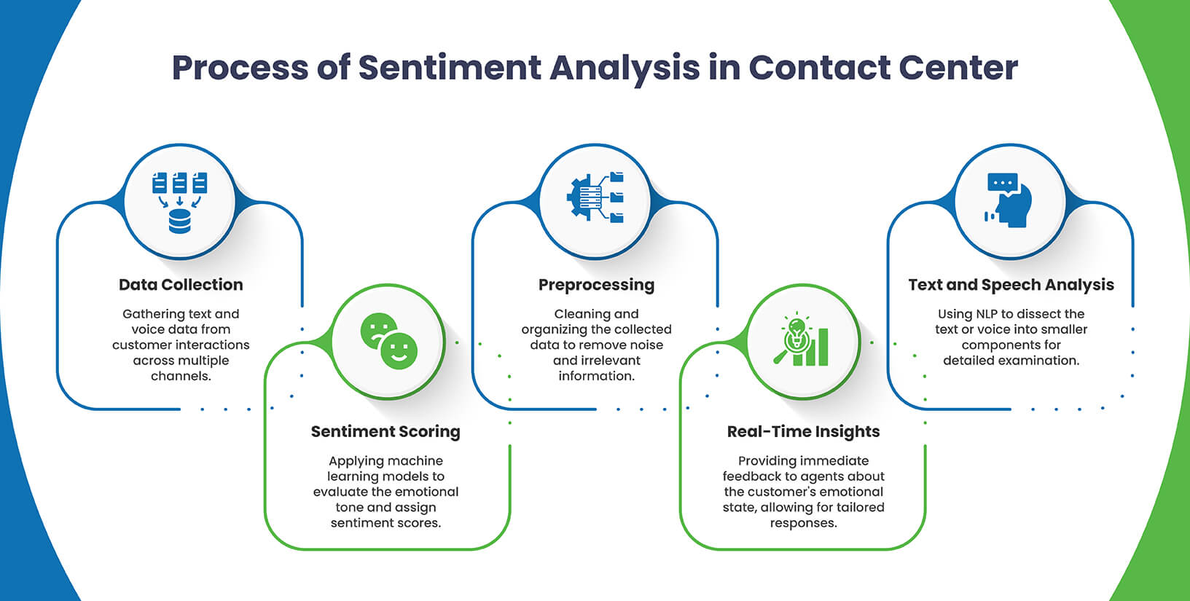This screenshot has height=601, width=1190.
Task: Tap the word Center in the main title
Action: pos(958,68)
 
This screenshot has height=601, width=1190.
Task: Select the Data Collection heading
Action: pos(181,285)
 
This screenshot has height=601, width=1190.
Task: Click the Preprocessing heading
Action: pos(596,285)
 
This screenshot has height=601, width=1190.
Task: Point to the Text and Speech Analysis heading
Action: pos(1011,285)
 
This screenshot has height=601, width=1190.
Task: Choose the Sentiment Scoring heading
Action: pos(385,431)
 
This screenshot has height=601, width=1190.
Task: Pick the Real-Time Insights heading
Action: pos(803,431)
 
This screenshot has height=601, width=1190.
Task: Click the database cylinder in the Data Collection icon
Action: pos(179,221)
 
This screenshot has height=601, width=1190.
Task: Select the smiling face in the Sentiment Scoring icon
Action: pos(399,351)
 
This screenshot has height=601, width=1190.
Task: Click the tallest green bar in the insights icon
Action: pos(823,347)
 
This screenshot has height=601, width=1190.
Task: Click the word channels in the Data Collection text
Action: pos(180,376)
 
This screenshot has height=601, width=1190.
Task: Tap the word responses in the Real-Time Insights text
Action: pos(803,523)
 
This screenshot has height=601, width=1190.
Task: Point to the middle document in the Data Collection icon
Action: pos(179,182)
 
